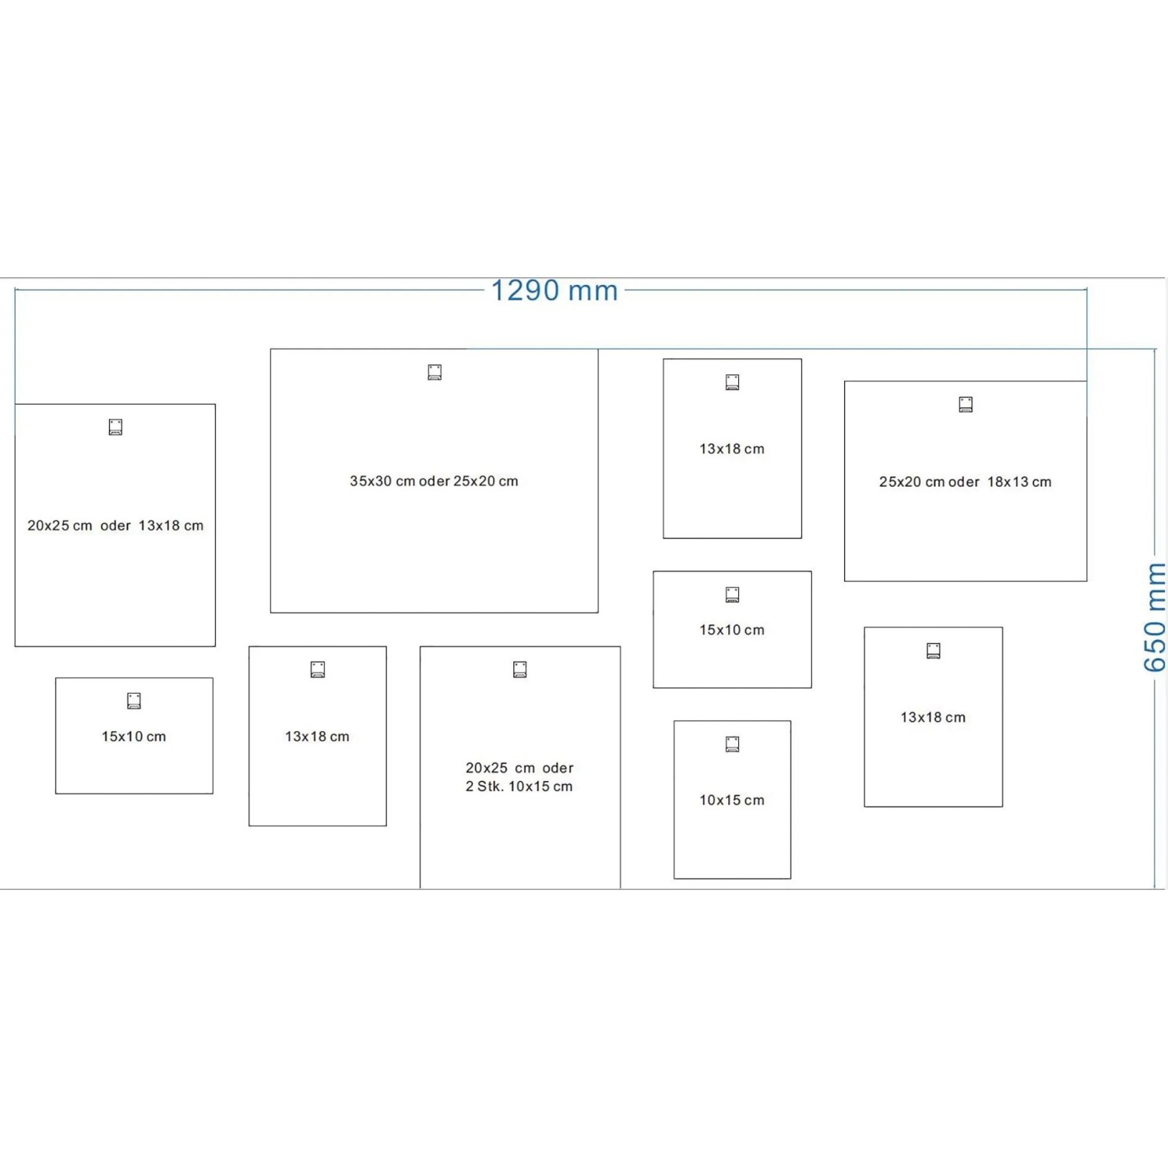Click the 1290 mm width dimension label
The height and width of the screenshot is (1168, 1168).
pyautogui.click(x=554, y=290)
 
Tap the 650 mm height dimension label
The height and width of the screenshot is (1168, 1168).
pyautogui.click(x=1155, y=617)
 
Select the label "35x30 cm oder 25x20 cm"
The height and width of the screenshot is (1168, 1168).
pyautogui.click(x=434, y=481)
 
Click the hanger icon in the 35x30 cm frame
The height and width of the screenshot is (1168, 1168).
pyautogui.click(x=434, y=372)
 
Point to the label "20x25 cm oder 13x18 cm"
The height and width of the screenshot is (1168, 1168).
pyautogui.click(x=115, y=526)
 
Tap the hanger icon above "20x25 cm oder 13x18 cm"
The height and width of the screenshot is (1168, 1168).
pyautogui.click(x=115, y=427)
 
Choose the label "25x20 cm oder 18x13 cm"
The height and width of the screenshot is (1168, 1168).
pyautogui.click(x=965, y=482)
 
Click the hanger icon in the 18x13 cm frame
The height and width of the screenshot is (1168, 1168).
pyautogui.click(x=966, y=404)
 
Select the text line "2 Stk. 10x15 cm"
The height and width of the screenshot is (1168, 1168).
pyautogui.click(x=519, y=786)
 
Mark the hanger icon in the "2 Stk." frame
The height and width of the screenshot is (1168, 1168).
pyautogui.click(x=520, y=669)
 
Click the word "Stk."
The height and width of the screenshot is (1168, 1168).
pyautogui.click(x=490, y=786)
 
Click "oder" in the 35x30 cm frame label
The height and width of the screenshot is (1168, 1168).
pyautogui.click(x=434, y=481)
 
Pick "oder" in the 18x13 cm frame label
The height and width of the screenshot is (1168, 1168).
pyautogui.click(x=964, y=482)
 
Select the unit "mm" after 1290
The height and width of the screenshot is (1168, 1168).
pyautogui.click(x=593, y=291)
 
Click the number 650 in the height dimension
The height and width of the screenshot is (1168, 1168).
pyautogui.click(x=1155, y=646)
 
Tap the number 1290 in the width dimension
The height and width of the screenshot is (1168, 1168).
pyautogui.click(x=525, y=290)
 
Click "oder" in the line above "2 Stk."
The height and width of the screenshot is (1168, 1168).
pyautogui.click(x=558, y=768)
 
